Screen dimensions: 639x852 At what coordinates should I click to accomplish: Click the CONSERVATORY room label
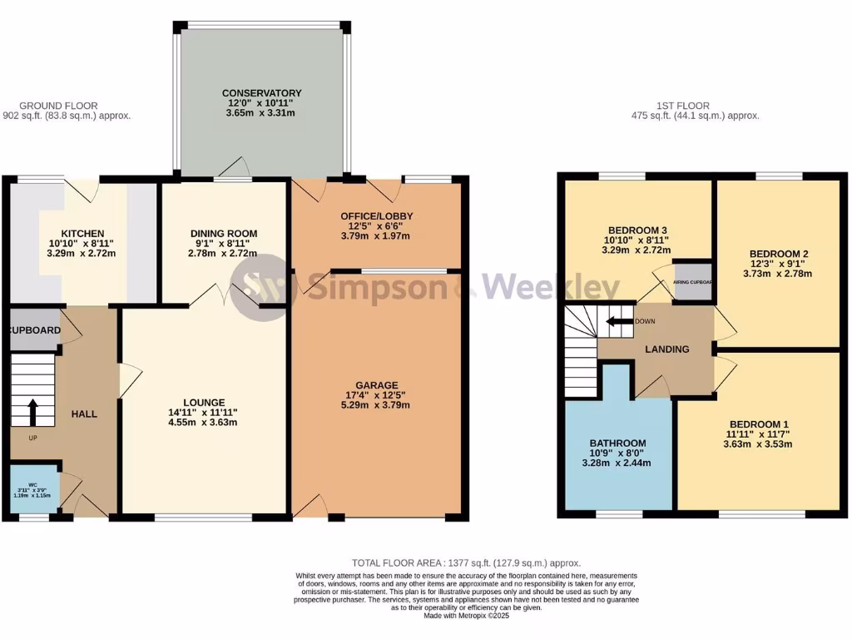[x=261, y=92]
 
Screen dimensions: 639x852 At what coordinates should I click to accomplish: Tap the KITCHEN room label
[x=82, y=233]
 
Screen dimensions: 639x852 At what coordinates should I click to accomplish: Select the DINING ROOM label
[x=224, y=233]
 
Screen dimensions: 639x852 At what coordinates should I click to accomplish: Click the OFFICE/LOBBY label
[x=377, y=216]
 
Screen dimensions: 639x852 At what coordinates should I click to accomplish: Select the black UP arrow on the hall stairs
[x=32, y=412]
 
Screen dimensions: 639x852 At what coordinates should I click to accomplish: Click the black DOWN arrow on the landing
[x=617, y=321]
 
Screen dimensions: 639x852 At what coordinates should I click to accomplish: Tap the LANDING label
[x=667, y=349]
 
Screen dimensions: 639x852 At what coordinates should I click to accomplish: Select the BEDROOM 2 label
[x=779, y=254]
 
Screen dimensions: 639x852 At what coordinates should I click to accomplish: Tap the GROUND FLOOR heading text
[x=58, y=106]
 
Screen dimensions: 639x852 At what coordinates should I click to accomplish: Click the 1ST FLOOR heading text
[x=682, y=106]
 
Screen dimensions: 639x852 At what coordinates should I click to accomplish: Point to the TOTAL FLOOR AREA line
[x=465, y=563]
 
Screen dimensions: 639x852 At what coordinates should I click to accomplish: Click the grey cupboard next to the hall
[x=35, y=330]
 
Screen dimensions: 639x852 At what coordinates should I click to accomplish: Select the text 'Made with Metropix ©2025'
[x=465, y=616]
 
